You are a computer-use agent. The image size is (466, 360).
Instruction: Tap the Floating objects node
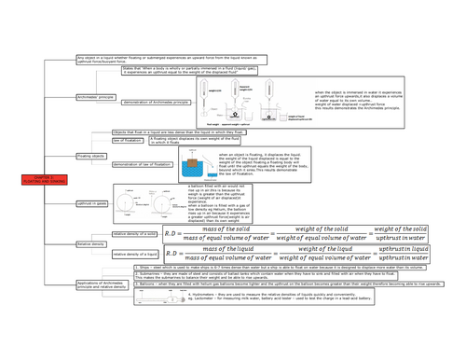click(90, 156)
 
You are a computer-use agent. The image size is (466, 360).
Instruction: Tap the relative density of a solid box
click(136, 234)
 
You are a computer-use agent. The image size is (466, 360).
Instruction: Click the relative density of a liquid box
click(136, 252)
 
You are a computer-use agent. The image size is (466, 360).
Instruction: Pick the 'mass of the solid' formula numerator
click(209, 228)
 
